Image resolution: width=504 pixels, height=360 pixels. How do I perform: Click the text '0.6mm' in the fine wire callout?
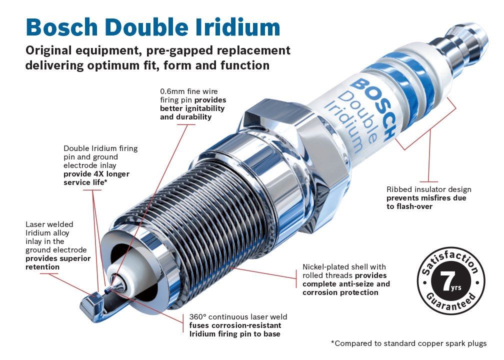click(172, 91)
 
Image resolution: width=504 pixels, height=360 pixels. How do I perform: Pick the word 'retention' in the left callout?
click(42, 267)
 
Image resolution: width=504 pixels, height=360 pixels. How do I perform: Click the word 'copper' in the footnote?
click(430, 344)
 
